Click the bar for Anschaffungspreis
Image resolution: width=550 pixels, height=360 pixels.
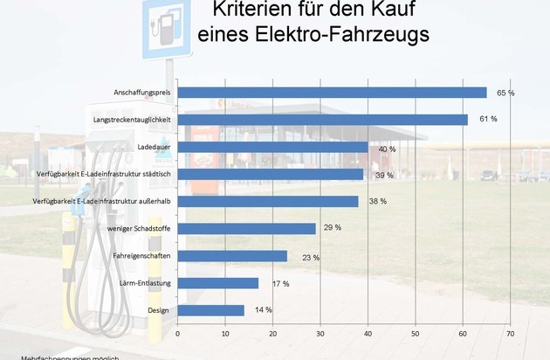(332, 93)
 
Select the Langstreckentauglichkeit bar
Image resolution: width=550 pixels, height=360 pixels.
(322, 120)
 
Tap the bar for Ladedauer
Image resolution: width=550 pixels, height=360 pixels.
(272, 147)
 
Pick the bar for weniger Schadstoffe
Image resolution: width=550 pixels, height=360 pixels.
(246, 228)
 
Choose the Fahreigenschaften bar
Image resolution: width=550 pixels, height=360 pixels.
(232, 256)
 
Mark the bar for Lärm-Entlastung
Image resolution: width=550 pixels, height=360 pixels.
(217, 283)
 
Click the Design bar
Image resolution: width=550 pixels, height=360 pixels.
(210, 310)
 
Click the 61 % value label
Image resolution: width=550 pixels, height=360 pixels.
(488, 119)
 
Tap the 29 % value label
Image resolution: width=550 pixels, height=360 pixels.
(332, 228)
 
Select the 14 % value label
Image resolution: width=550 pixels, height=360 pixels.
(263, 310)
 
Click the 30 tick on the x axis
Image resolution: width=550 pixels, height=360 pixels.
(320, 333)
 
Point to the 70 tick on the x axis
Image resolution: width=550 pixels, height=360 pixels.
(510, 333)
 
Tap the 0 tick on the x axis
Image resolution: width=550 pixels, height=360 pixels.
(177, 333)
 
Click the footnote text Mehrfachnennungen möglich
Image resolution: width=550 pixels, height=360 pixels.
(59, 357)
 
